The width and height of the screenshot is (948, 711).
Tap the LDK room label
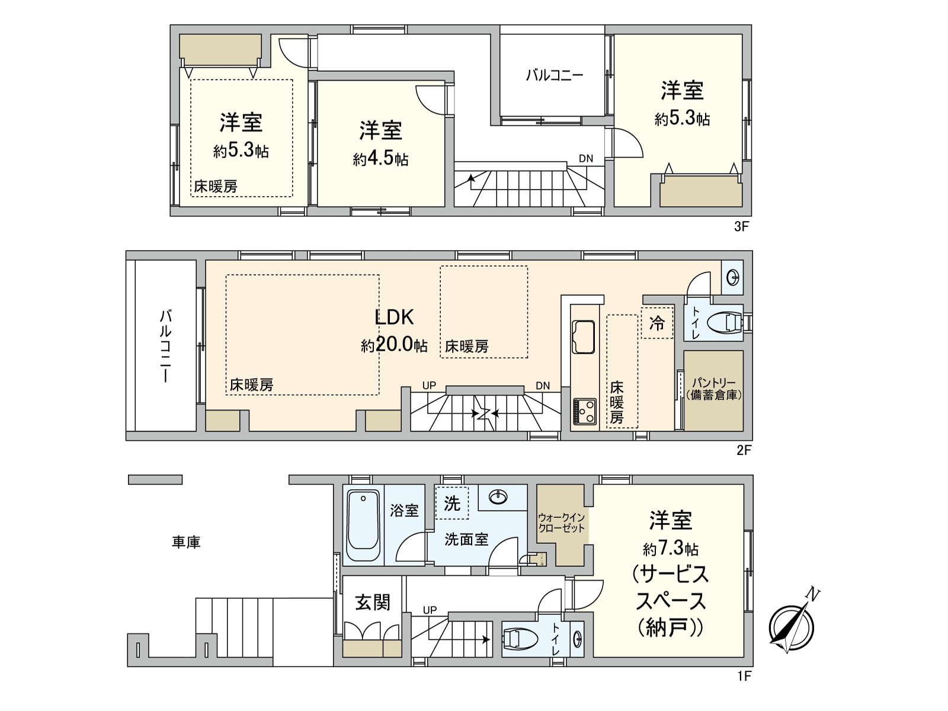click(394, 317)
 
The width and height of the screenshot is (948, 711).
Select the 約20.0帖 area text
click(394, 345)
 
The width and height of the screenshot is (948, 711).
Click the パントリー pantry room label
click(713, 389)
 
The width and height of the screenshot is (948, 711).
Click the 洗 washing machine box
click(451, 503)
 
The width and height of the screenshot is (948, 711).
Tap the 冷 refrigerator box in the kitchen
click(657, 323)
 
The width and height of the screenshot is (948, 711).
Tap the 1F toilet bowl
click(520, 639)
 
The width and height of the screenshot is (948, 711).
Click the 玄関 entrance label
click(373, 602)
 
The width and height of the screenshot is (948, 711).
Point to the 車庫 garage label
click(186, 542)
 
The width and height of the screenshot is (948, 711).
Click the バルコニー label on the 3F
click(555, 75)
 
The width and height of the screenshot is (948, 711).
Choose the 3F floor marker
click(742, 226)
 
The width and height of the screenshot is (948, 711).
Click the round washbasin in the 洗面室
click(497, 497)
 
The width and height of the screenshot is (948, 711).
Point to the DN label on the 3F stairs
click(585, 158)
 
